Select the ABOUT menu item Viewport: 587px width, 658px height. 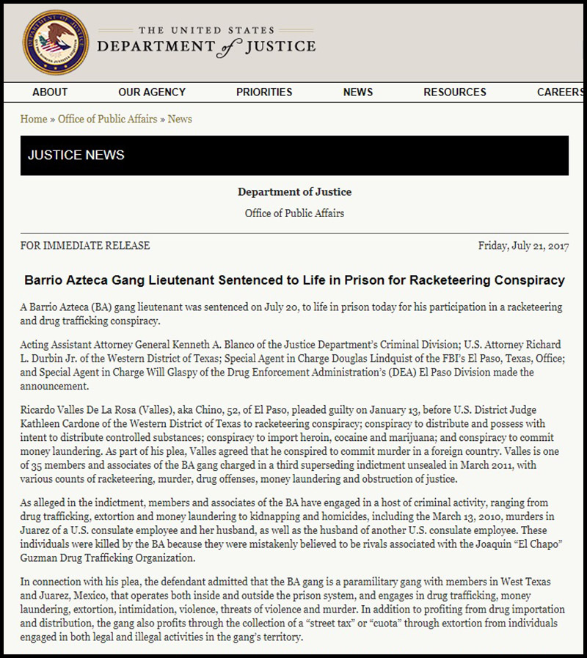pyautogui.click(x=50, y=92)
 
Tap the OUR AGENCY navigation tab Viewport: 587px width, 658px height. pyautogui.click(x=152, y=92)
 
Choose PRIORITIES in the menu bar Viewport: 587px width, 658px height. pyautogui.click(x=264, y=92)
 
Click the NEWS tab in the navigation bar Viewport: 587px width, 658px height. pyautogui.click(x=358, y=92)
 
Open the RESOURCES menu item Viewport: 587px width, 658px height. pyautogui.click(x=455, y=92)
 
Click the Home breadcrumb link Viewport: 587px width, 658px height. pyautogui.click(x=34, y=119)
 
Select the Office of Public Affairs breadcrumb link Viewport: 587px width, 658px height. pyautogui.click(x=108, y=119)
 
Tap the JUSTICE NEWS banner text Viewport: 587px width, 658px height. pyautogui.click(x=76, y=156)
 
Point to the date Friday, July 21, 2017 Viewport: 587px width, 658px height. pyautogui.click(x=523, y=246)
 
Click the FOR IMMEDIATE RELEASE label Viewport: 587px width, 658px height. pyautogui.click(x=85, y=246)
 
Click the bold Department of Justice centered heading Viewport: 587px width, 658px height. pyautogui.click(x=294, y=192)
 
